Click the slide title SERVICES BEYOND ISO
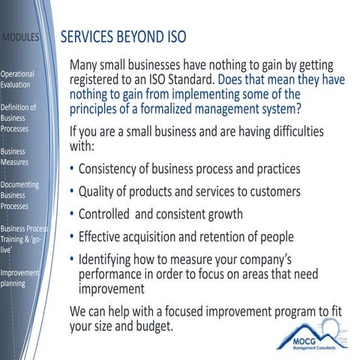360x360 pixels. (x=123, y=37)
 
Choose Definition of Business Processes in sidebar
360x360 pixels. (x=18, y=118)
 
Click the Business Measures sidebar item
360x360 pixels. (x=16, y=157)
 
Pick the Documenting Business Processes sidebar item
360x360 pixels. (x=20, y=194)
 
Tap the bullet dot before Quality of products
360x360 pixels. (x=72, y=192)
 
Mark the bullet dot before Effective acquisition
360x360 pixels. (x=72, y=238)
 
